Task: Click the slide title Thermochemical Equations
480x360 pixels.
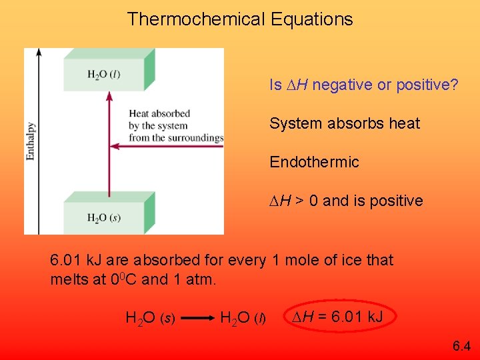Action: pos(240,19)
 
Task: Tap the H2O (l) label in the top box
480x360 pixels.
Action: pos(103,74)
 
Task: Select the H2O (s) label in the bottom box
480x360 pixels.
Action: pos(103,218)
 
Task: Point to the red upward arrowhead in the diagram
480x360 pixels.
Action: pos(108,98)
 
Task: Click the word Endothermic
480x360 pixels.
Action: pos(314,162)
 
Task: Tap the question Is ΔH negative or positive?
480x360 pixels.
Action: pos(363,85)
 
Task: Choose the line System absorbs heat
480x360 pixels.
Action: pos(345,123)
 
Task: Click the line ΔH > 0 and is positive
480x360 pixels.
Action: pos(346,201)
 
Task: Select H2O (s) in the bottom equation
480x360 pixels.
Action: pos(150,319)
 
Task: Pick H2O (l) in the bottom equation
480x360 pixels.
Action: pos(243,319)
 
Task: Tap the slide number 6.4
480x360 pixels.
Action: pos(461,345)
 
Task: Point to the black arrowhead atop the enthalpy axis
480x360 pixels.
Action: pos(39,52)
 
